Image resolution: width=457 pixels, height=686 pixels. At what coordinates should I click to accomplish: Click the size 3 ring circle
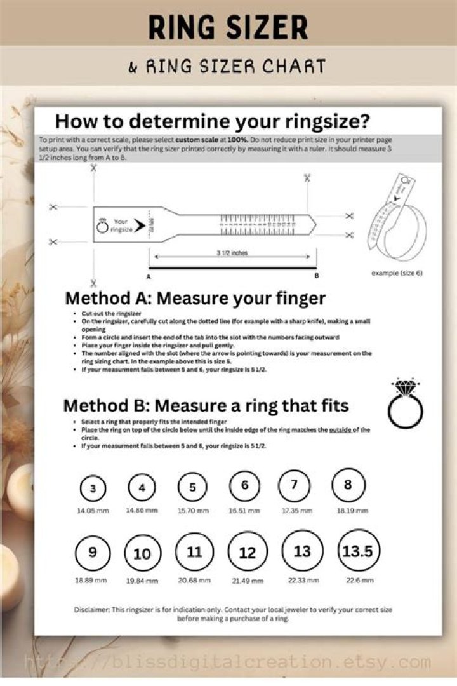coord(93,488)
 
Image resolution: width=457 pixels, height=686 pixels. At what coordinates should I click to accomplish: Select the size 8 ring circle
coord(348,485)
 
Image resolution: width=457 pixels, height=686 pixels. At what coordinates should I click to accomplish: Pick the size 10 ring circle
coord(143,553)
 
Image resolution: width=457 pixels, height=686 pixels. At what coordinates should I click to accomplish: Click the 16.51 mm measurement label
coord(245,510)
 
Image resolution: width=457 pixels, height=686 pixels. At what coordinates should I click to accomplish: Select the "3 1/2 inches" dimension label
coord(232,253)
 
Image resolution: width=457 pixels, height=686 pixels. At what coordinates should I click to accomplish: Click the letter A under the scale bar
coord(149,277)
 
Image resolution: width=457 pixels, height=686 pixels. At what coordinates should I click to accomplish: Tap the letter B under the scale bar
coord(316,277)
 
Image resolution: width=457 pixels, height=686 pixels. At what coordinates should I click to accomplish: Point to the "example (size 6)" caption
coord(397,272)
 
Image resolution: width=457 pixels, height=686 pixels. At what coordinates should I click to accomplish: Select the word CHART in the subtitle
coord(295,66)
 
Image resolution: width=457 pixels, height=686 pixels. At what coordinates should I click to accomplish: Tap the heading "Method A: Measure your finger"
coord(195,298)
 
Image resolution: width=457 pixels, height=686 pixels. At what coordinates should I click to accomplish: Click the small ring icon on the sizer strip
coord(102,225)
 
